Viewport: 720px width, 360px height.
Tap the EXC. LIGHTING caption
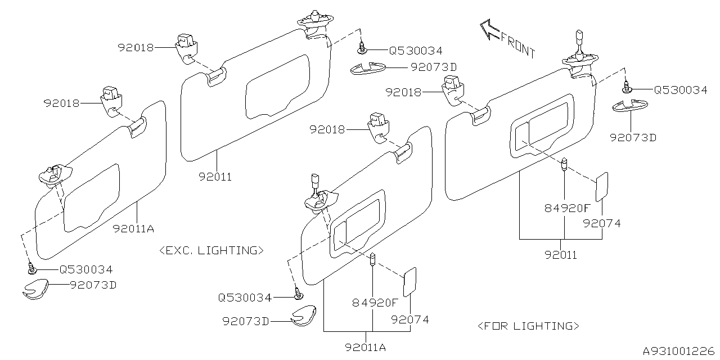(211, 250)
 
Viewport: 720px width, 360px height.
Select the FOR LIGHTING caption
(528, 326)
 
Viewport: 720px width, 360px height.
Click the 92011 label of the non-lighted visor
(215, 177)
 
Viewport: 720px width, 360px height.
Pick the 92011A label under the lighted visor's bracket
(366, 347)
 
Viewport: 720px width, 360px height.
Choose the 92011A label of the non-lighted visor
(133, 228)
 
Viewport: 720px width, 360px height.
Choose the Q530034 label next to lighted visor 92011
(681, 89)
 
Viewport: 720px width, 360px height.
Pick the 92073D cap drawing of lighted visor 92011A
(304, 317)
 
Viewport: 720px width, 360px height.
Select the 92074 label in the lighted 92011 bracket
(602, 223)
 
